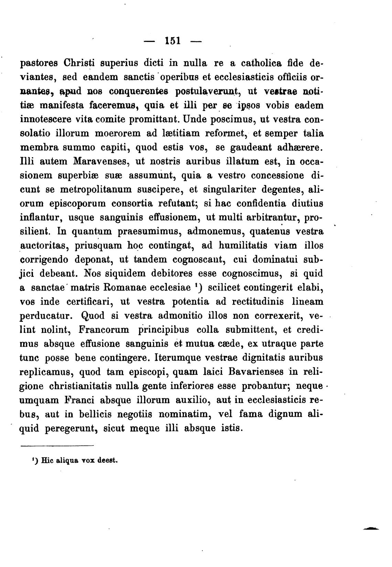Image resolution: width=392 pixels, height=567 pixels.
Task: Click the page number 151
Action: tap(172, 41)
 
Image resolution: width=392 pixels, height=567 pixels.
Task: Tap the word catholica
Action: tap(266, 63)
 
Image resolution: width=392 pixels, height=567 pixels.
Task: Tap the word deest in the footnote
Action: tap(108, 460)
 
